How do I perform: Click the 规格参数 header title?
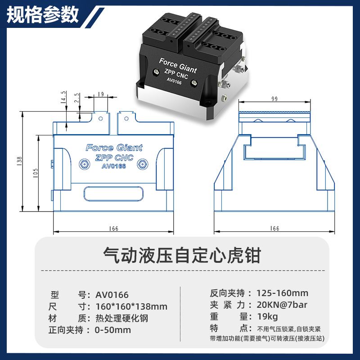[43, 15]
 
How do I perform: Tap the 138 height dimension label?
[19, 161]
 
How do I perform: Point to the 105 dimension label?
[36, 173]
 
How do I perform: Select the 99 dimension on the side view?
[274, 99]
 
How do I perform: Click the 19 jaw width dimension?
[101, 94]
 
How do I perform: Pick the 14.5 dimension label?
[63, 97]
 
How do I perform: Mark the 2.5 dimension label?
[77, 98]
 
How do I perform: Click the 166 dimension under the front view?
[114, 229]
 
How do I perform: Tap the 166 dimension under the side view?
[274, 229]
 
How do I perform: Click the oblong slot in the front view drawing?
[113, 194]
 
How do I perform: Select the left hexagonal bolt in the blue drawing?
[85, 164]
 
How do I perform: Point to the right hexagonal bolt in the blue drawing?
[142, 164]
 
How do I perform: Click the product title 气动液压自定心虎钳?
[182, 255]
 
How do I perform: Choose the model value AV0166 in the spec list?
[112, 295]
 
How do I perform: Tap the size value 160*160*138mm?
[131, 306]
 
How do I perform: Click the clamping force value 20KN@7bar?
[282, 305]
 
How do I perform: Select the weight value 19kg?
[267, 317]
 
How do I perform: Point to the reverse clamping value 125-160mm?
[283, 293]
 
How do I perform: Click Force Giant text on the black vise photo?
[178, 66]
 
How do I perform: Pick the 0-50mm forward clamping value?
[113, 330]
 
